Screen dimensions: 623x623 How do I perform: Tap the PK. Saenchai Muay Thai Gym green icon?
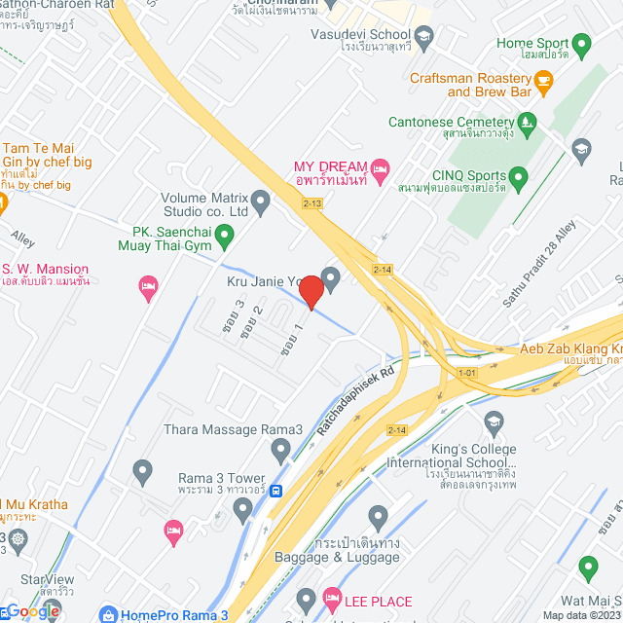(x=225, y=234)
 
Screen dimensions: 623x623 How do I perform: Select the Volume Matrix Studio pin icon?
(x=260, y=202)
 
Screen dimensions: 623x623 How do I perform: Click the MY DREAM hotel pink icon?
(x=381, y=167)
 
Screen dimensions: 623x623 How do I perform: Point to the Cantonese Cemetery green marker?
(x=527, y=123)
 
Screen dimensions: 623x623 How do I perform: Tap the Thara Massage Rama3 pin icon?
(x=281, y=450)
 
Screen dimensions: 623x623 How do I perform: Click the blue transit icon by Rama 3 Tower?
(x=276, y=492)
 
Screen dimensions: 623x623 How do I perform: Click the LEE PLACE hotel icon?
(x=331, y=595)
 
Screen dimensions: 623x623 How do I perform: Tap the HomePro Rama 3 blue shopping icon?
(x=106, y=614)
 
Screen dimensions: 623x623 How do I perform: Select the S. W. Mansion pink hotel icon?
(x=147, y=285)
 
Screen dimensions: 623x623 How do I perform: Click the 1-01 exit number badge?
(x=468, y=372)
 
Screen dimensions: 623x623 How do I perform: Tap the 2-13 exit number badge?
(x=311, y=203)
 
